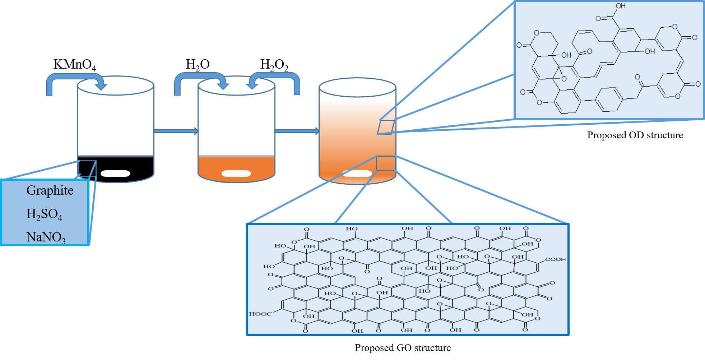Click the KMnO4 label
(75, 65)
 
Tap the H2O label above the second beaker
(198, 65)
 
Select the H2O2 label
(274, 65)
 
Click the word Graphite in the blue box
(50, 190)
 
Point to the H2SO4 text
(44, 214)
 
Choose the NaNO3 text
(46, 237)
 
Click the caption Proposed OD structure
(635, 135)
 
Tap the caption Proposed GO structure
(403, 348)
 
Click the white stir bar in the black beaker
(115, 174)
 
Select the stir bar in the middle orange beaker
(236, 174)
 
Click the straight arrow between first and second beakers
(176, 131)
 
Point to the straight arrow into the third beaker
(297, 131)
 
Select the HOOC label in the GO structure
(260, 314)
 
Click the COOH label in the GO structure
(555, 259)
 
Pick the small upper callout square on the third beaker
(386, 127)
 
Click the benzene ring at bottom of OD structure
(609, 99)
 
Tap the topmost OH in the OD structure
(621, 6)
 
